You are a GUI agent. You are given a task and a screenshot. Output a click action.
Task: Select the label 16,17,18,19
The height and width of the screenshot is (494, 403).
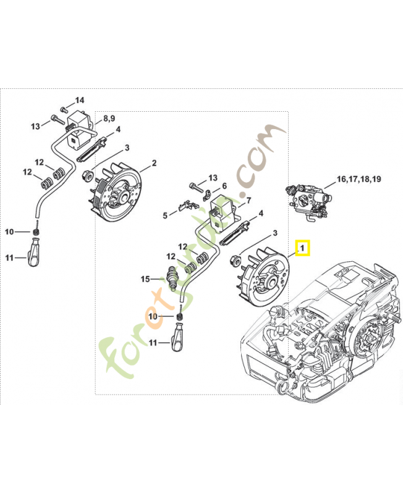tap(358, 179)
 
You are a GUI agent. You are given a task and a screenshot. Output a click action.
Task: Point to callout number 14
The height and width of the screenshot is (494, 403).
tap(80, 100)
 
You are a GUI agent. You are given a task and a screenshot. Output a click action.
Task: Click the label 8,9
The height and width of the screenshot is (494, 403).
tap(109, 118)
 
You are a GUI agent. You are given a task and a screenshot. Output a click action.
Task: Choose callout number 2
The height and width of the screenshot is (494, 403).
tap(154, 164)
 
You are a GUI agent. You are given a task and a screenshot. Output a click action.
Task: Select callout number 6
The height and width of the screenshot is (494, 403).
tap(224, 186)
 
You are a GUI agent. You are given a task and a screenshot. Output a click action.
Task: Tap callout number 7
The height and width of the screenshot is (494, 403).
tap(248, 200)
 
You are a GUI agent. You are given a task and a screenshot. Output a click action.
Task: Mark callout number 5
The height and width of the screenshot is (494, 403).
tap(165, 216)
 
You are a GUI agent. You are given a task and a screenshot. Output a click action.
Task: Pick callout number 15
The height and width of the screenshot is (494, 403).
tap(145, 279)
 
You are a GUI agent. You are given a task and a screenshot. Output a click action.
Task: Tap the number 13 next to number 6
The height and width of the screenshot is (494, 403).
tap(213, 177)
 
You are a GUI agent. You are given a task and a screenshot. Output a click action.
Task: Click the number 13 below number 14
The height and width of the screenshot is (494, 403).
tap(35, 126)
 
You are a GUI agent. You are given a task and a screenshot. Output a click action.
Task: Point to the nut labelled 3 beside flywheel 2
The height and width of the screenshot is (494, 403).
tap(87, 176)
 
